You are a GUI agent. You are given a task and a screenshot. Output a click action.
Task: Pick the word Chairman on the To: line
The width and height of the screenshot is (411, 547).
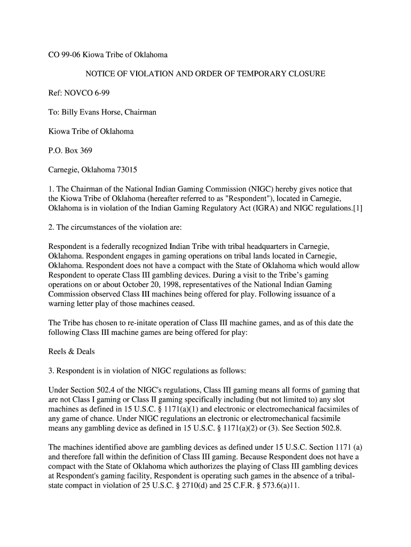[x=138, y=112]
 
